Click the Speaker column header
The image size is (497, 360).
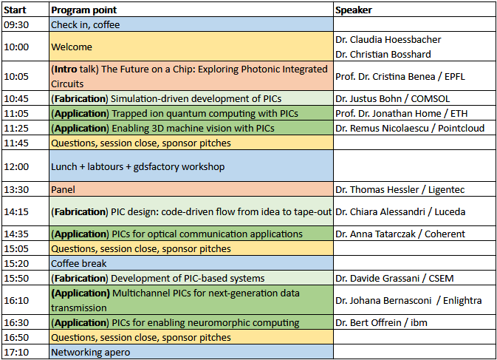pos(354,10)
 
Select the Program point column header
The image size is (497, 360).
pos(84,10)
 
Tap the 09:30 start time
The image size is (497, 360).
pos(16,24)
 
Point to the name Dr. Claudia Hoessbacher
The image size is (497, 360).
pos(388,40)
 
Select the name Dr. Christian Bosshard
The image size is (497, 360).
pos(383,54)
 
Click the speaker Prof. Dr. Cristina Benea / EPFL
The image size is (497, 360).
pos(400,77)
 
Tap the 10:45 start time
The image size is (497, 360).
pos(16,99)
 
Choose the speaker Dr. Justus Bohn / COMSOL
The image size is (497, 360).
pos(392,99)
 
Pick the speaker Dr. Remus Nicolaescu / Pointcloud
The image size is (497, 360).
pos(410,129)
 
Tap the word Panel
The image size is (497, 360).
pos(63,190)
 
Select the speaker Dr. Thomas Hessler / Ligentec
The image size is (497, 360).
pos(400,190)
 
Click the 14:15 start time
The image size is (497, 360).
pos(16,212)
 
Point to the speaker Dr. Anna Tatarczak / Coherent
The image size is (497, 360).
pos(400,234)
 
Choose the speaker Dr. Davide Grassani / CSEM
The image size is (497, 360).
pos(394,279)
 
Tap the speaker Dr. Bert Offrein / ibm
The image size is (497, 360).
pos(381,323)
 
